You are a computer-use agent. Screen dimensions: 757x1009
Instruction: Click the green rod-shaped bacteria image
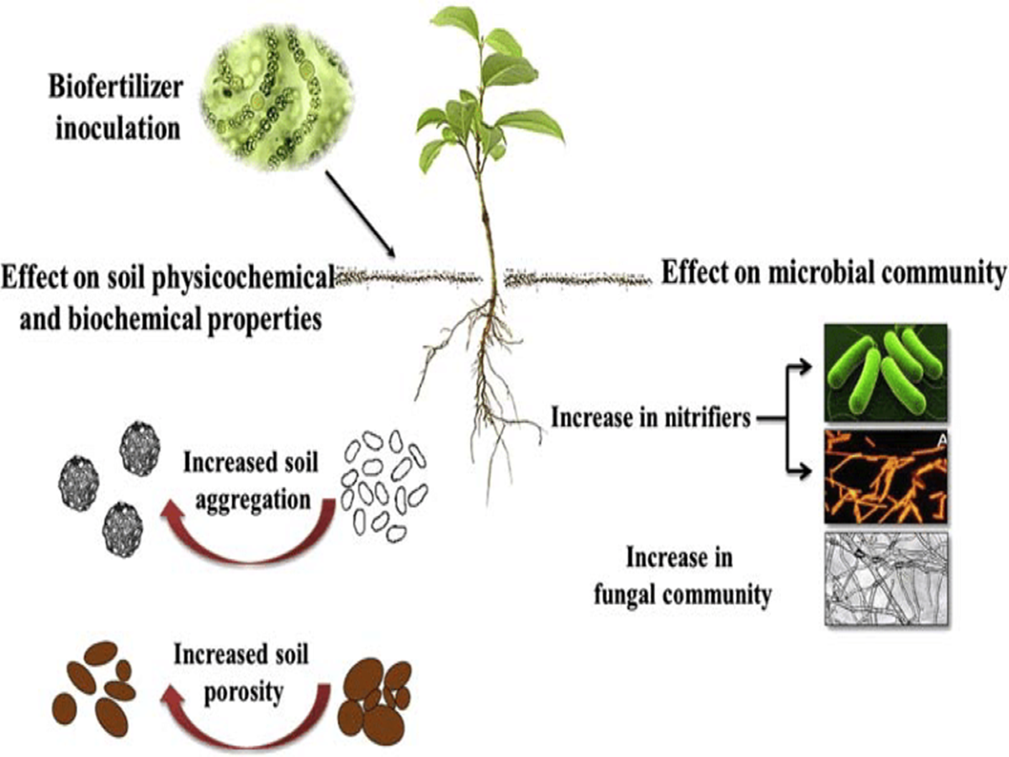pos(885,371)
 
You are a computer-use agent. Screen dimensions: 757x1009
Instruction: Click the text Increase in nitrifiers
pos(651,416)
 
